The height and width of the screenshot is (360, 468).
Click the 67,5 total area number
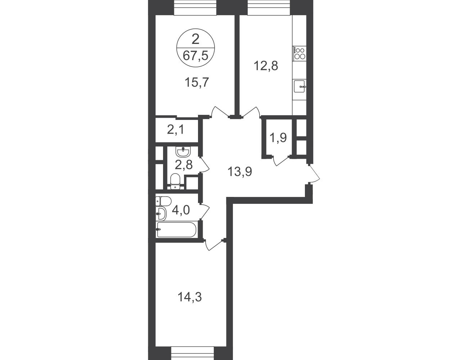[195, 56]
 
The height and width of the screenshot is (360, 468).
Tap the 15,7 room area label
[197, 82]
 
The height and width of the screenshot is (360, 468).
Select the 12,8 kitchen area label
[266, 66]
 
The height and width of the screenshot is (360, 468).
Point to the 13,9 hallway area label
[240, 172]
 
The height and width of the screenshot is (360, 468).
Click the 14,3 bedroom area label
[189, 298]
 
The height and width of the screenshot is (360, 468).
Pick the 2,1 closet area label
[176, 130]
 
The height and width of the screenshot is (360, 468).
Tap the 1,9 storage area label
[278, 138]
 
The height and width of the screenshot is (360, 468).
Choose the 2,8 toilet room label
[184, 165]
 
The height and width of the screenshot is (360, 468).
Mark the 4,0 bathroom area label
[181, 210]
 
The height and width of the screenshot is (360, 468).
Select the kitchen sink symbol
[300, 86]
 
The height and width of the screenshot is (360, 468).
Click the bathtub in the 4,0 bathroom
[176, 230]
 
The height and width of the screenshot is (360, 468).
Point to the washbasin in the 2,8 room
[183, 152]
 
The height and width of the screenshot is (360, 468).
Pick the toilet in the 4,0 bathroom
[163, 201]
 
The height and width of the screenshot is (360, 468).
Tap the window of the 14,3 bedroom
[193, 354]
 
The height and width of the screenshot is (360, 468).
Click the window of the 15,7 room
[195, 8]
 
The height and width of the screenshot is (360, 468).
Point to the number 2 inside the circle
[195, 40]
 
